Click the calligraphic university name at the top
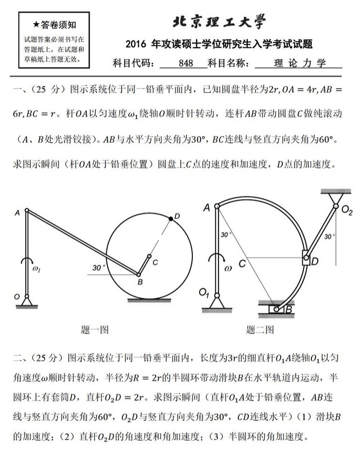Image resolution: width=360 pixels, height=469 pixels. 219,21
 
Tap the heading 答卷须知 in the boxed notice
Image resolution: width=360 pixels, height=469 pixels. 54,25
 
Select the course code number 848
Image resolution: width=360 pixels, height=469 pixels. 186,63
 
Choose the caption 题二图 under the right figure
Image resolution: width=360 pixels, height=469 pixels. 260,330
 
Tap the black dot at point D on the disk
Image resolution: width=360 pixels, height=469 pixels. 171,217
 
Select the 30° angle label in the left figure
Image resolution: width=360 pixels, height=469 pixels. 97,268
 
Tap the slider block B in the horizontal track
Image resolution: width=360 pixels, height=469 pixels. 276,310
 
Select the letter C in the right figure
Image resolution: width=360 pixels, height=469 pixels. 242,264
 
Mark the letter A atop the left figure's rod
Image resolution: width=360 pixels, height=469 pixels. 17,213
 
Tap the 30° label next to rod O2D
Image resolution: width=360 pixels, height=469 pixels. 329,236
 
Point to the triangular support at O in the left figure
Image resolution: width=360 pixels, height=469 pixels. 26,301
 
